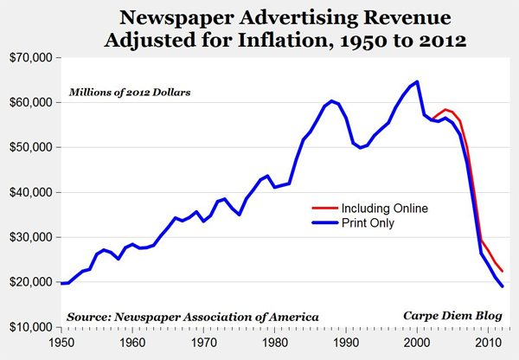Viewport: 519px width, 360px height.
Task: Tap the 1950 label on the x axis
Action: tap(61, 343)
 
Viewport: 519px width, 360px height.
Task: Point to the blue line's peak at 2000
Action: tap(418, 81)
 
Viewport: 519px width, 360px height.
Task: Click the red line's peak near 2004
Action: tap(445, 110)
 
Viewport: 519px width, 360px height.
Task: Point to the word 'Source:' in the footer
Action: tap(93, 316)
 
